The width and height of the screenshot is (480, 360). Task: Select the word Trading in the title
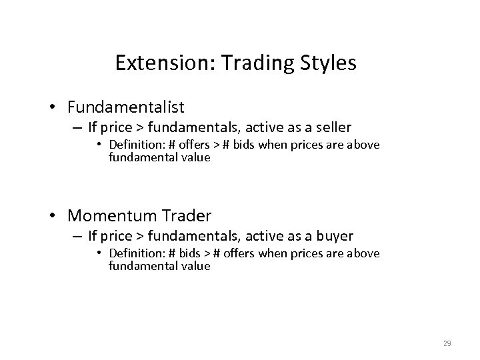pos(253,63)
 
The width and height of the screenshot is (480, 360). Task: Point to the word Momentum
pos(110,215)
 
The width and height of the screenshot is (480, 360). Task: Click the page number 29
pos(447,343)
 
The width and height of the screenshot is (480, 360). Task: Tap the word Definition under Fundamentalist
pos(134,145)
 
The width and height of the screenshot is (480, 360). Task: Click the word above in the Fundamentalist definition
pos(365,145)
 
